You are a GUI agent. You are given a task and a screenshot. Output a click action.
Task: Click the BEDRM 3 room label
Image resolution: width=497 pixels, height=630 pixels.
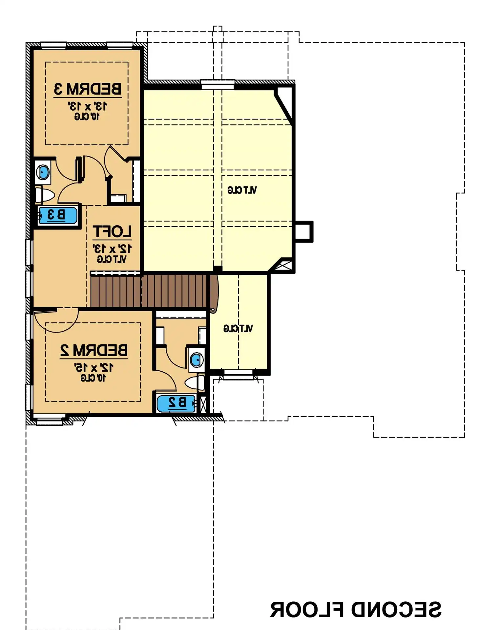(x=88, y=89)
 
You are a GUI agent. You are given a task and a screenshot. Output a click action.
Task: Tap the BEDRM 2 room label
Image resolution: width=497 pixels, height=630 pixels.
(x=94, y=350)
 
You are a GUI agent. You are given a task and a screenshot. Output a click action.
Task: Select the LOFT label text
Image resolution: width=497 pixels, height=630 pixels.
(x=112, y=232)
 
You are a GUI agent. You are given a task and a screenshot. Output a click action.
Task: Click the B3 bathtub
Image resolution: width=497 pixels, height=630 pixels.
(x=58, y=215)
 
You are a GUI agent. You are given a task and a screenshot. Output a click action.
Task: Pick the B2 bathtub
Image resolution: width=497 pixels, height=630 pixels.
(x=176, y=403)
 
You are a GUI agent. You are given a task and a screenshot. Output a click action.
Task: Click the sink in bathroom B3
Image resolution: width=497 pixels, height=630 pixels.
(x=43, y=172)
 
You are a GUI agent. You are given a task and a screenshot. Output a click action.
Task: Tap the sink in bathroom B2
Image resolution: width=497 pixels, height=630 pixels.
(x=197, y=360)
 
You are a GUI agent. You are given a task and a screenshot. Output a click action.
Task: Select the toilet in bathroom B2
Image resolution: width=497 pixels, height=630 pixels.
(x=195, y=383)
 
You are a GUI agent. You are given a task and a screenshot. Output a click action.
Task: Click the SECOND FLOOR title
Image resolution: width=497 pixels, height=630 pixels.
(x=355, y=610)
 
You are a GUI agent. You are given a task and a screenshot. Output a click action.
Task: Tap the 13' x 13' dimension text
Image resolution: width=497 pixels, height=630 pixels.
(x=87, y=106)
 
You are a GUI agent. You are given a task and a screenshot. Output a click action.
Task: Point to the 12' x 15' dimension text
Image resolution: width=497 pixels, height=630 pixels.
(x=94, y=368)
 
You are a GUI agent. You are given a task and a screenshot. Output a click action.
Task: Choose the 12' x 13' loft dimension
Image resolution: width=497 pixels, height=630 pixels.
(x=112, y=249)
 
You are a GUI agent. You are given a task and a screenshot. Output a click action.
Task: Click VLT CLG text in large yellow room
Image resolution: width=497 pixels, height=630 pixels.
(x=242, y=190)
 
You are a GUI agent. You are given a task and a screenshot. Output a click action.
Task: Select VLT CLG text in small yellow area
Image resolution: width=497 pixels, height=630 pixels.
(x=238, y=329)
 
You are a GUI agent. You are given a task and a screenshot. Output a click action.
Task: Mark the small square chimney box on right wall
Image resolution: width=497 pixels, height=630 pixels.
(x=303, y=231)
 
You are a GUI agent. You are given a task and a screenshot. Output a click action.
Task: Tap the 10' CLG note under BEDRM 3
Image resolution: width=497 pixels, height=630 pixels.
(x=87, y=117)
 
